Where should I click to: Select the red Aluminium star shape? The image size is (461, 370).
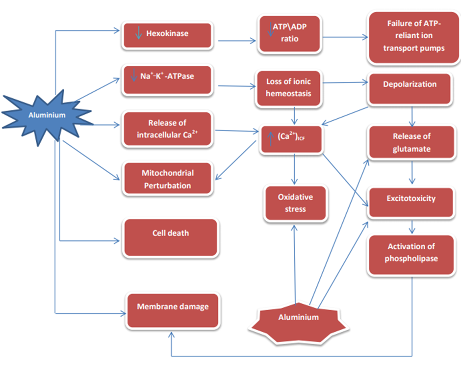298,317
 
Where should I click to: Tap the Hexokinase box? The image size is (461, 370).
167,35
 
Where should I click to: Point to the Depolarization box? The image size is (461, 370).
410,88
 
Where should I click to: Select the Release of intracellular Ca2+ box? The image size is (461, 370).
167,129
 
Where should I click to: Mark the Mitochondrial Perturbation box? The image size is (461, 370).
167,179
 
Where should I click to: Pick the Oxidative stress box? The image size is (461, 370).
295,203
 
